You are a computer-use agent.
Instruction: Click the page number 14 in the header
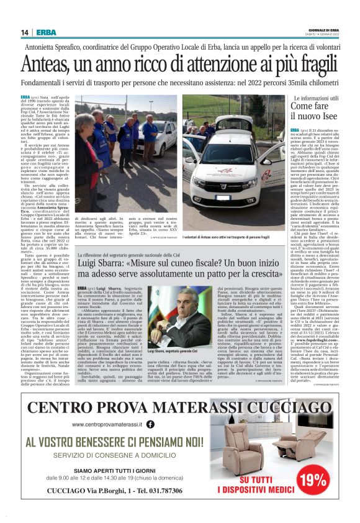pyautogui.click(x=25, y=32)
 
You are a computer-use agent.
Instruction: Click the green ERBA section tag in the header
pyautogui.click(x=45, y=32)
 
